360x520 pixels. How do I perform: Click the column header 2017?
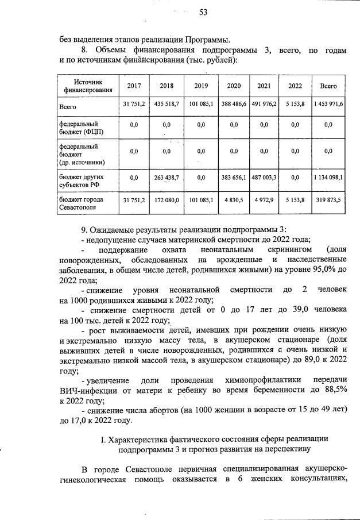tap(134, 86)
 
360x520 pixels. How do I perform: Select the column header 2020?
tap(234, 86)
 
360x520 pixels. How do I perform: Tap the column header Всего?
tap(328, 86)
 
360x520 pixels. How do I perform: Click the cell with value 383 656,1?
tap(234, 178)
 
